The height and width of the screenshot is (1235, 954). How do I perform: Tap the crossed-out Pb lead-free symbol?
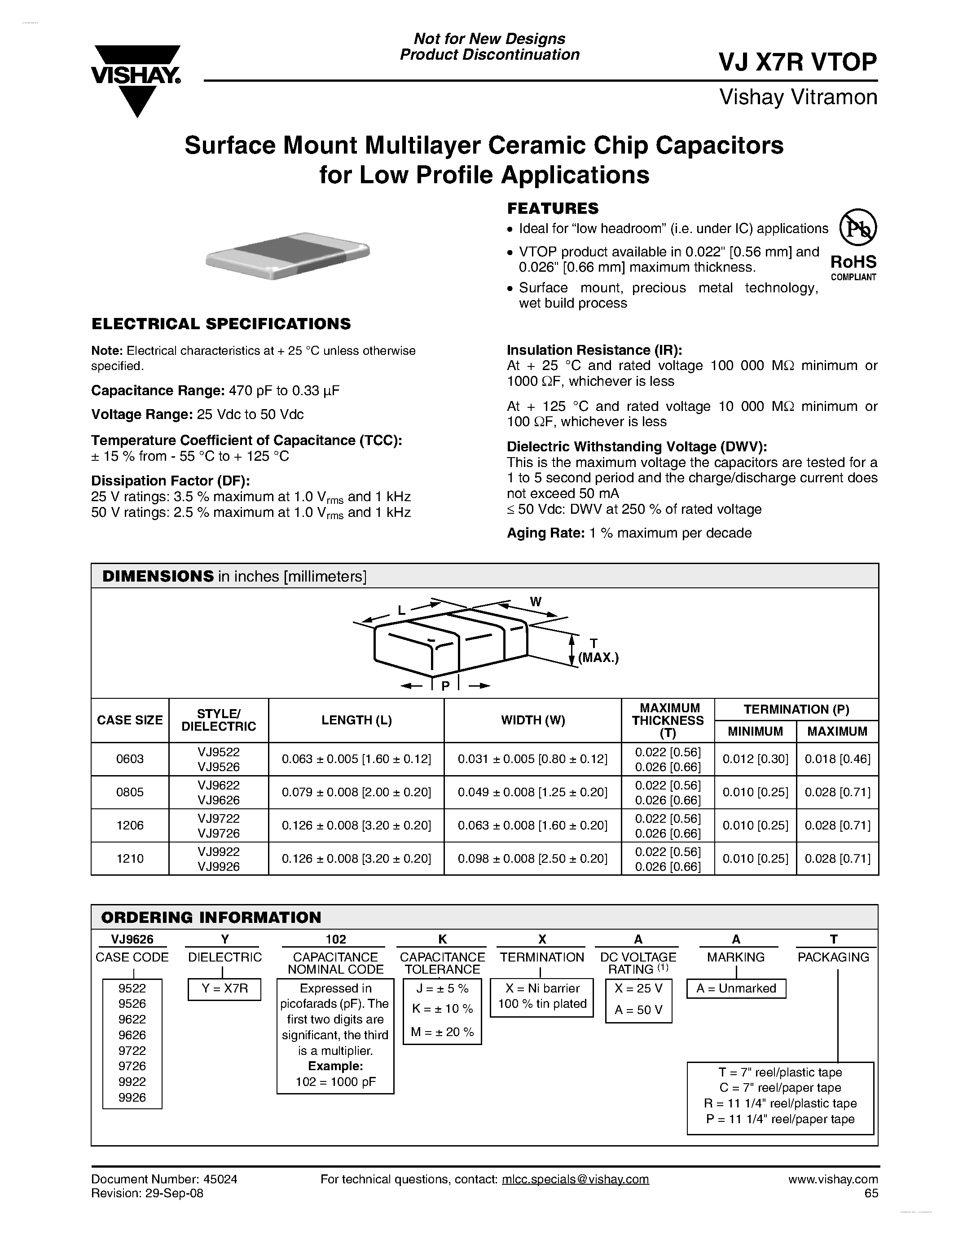(x=857, y=228)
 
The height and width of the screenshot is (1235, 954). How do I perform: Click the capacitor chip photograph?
(x=288, y=255)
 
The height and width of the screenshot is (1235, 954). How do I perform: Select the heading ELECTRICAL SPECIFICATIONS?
(x=221, y=324)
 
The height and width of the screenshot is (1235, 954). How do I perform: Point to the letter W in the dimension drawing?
(x=535, y=602)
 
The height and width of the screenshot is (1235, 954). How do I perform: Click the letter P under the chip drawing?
(x=445, y=686)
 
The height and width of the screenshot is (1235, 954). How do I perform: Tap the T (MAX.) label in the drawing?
(x=598, y=651)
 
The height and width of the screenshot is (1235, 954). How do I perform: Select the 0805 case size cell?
(x=130, y=792)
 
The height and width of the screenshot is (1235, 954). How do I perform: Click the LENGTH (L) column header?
(x=356, y=720)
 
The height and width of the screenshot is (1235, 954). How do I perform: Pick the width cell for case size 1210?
(x=532, y=858)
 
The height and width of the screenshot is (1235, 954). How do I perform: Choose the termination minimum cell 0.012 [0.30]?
(x=755, y=759)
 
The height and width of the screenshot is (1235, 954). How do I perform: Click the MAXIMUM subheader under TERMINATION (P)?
(x=837, y=731)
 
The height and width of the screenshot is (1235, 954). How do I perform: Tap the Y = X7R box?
(x=224, y=989)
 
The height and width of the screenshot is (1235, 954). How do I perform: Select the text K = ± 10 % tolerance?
(x=443, y=1009)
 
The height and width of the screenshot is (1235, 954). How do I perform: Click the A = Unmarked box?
(x=736, y=988)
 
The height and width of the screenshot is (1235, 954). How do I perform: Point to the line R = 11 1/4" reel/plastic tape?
(x=780, y=1103)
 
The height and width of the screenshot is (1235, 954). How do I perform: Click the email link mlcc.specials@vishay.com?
(x=576, y=1179)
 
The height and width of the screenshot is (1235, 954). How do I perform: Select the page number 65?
(x=871, y=1193)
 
